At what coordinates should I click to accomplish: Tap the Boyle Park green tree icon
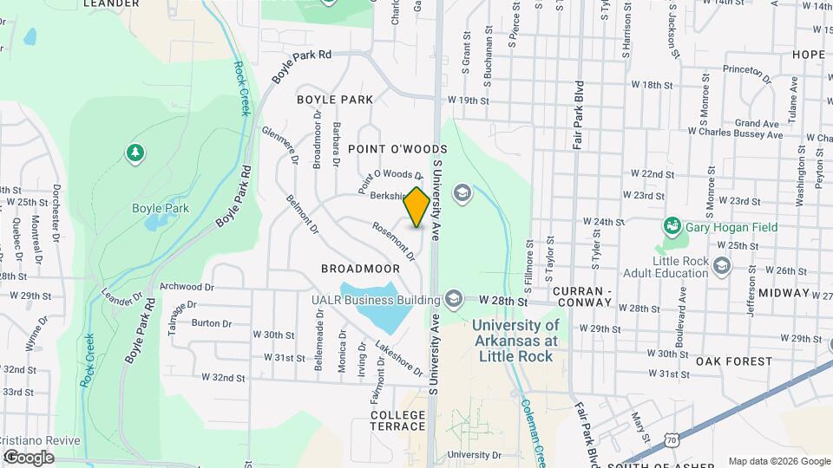(134, 154)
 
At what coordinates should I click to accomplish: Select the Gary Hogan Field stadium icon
(672, 228)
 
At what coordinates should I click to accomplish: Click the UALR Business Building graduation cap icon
(452, 300)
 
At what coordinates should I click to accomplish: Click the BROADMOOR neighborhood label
(361, 269)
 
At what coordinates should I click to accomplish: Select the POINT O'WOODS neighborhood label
(385, 149)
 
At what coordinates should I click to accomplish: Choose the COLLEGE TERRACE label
(398, 420)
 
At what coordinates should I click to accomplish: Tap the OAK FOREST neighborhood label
(733, 361)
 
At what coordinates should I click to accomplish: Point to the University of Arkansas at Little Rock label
(515, 340)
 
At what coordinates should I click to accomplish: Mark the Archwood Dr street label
(187, 286)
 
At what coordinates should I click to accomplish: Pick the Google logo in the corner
(29, 457)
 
